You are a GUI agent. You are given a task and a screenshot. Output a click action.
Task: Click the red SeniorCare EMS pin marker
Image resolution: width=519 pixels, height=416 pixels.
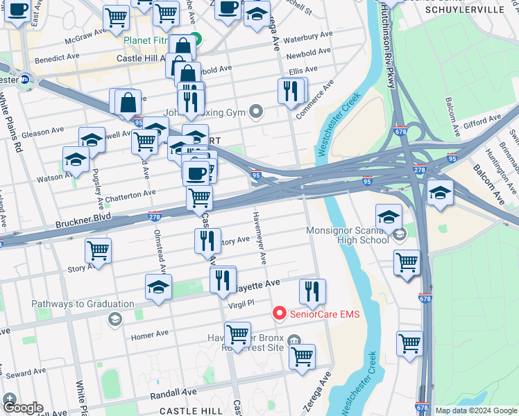280,313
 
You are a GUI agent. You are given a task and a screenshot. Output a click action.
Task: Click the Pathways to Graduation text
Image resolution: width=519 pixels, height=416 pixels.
83,304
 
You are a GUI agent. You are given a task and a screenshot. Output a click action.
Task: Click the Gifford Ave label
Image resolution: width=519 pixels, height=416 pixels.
482,123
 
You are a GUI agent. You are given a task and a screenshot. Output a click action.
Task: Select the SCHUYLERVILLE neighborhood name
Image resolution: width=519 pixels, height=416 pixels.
464,10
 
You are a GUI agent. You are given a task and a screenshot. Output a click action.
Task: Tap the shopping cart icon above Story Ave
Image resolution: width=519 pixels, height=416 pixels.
98,251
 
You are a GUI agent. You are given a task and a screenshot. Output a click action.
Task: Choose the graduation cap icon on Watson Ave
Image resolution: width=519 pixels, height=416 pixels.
76,160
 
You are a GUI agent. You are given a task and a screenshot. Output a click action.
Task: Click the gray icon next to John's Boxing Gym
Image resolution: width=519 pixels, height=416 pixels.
257,111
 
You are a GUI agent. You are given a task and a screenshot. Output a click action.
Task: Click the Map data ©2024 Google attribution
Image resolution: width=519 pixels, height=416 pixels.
476,410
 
